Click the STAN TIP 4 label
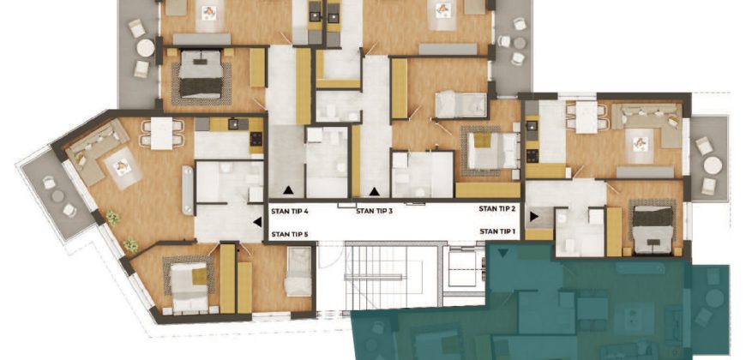pyautogui.click(x=289, y=211)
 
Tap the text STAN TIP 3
pyautogui.click(x=375, y=211)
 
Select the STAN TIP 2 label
pyautogui.click(x=497, y=208)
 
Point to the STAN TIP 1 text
pyautogui.click(x=497, y=231)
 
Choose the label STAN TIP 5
pyautogui.click(x=289, y=234)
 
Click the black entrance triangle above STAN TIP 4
pyautogui.click(x=288, y=190)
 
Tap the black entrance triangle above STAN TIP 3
pyautogui.click(x=375, y=191)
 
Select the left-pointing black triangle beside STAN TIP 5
pyautogui.click(x=257, y=222)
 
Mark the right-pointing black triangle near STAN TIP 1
pyautogui.click(x=534, y=216)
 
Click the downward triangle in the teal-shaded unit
pyautogui.click(x=502, y=253)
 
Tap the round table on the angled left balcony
pyautogui.click(x=57, y=196)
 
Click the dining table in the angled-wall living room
pyautogui.click(x=162, y=133)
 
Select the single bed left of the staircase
pyautogui.click(x=298, y=272)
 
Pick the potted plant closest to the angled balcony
pyautogui.click(x=112, y=218)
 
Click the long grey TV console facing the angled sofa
pyautogui.click(x=188, y=190)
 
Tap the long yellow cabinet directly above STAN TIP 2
pyautogui.click(x=488, y=189)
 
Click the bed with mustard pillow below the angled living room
pyautogui.click(x=190, y=286)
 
